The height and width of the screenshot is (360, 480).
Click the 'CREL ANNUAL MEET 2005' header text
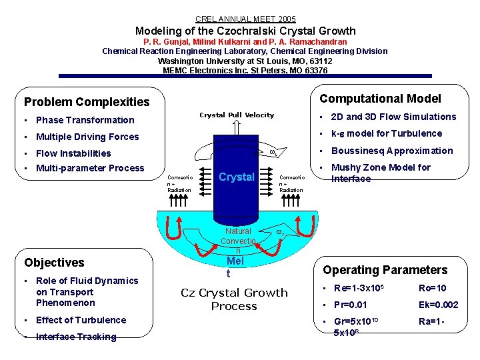point(245,19)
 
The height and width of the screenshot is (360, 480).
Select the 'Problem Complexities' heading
point(87,102)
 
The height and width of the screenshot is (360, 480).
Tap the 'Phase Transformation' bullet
point(85,120)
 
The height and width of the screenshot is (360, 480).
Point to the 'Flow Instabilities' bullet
point(73,153)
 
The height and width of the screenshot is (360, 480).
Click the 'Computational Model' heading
point(380,99)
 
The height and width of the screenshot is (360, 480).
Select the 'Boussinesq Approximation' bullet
point(391,151)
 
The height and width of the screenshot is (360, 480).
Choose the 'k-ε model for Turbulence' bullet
point(386,133)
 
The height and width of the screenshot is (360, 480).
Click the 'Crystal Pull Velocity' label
point(237,115)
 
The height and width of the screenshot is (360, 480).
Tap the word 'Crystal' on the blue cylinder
point(237,177)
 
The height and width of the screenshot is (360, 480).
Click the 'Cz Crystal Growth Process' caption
point(234,299)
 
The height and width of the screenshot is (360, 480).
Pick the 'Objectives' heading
point(54,263)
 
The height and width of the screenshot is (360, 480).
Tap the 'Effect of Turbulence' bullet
point(81,320)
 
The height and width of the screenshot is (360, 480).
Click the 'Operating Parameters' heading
point(385,270)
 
